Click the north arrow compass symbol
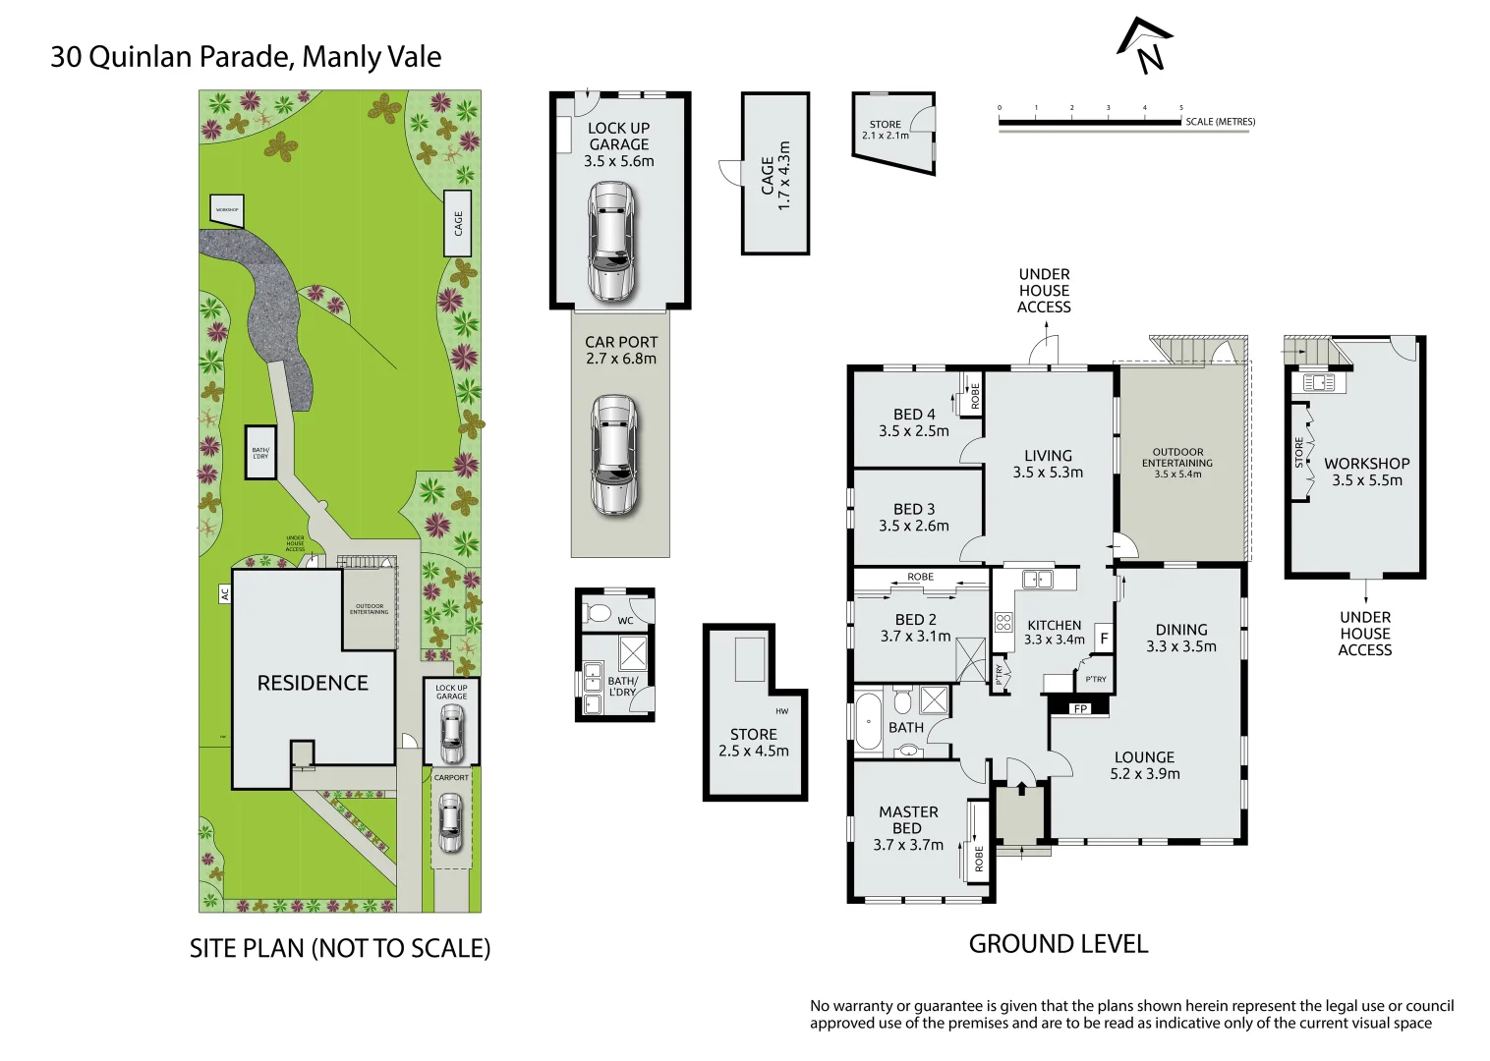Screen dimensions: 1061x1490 pos(1146,46)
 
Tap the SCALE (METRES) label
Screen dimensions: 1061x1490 pos(1220,122)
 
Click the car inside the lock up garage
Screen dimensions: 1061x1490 pos(610,242)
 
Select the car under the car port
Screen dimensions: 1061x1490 pos(613,455)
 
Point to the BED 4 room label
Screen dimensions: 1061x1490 pos(914,415)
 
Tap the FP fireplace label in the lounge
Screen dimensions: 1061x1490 pos(1080,708)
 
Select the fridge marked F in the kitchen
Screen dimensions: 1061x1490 pos(1104,639)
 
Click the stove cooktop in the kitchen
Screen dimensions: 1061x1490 pos(1003,622)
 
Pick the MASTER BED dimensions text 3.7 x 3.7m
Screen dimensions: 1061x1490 pos(908,845)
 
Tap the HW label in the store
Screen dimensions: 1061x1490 pos(781,711)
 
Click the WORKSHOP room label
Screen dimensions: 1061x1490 pos(1366,464)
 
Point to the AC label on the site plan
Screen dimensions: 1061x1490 pos(224,594)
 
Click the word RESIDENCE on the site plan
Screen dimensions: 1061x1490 pos(313,683)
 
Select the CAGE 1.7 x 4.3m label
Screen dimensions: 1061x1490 pos(775,174)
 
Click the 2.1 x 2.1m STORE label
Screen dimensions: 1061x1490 pos(885,130)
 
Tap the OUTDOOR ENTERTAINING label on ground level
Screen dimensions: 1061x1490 pos(1176,458)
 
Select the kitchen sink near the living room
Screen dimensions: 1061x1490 pos(1037,580)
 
